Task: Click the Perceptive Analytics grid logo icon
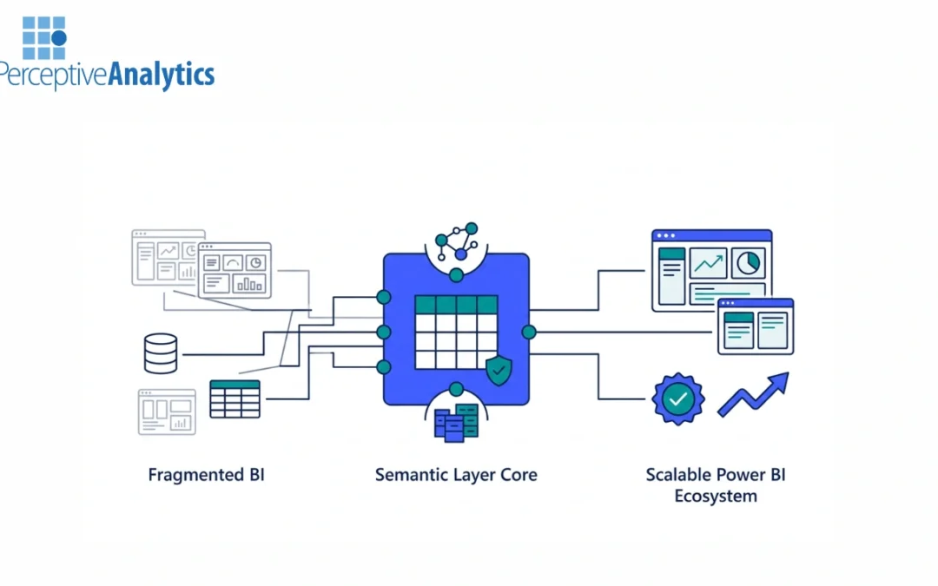tap(44, 37)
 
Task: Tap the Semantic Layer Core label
tap(456, 475)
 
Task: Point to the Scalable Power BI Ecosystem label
tap(716, 485)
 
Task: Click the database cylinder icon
tap(161, 353)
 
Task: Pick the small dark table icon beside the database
tap(234, 398)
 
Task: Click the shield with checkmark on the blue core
tap(499, 371)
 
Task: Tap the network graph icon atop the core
tap(457, 242)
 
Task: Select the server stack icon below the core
tap(456, 423)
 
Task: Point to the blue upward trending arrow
tap(753, 395)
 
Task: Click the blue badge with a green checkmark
tap(678, 399)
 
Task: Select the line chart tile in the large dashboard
tap(708, 263)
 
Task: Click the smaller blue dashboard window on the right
tap(755, 326)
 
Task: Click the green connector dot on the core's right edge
tap(529, 332)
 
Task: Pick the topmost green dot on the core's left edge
tap(383, 297)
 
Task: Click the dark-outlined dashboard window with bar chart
tap(234, 270)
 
